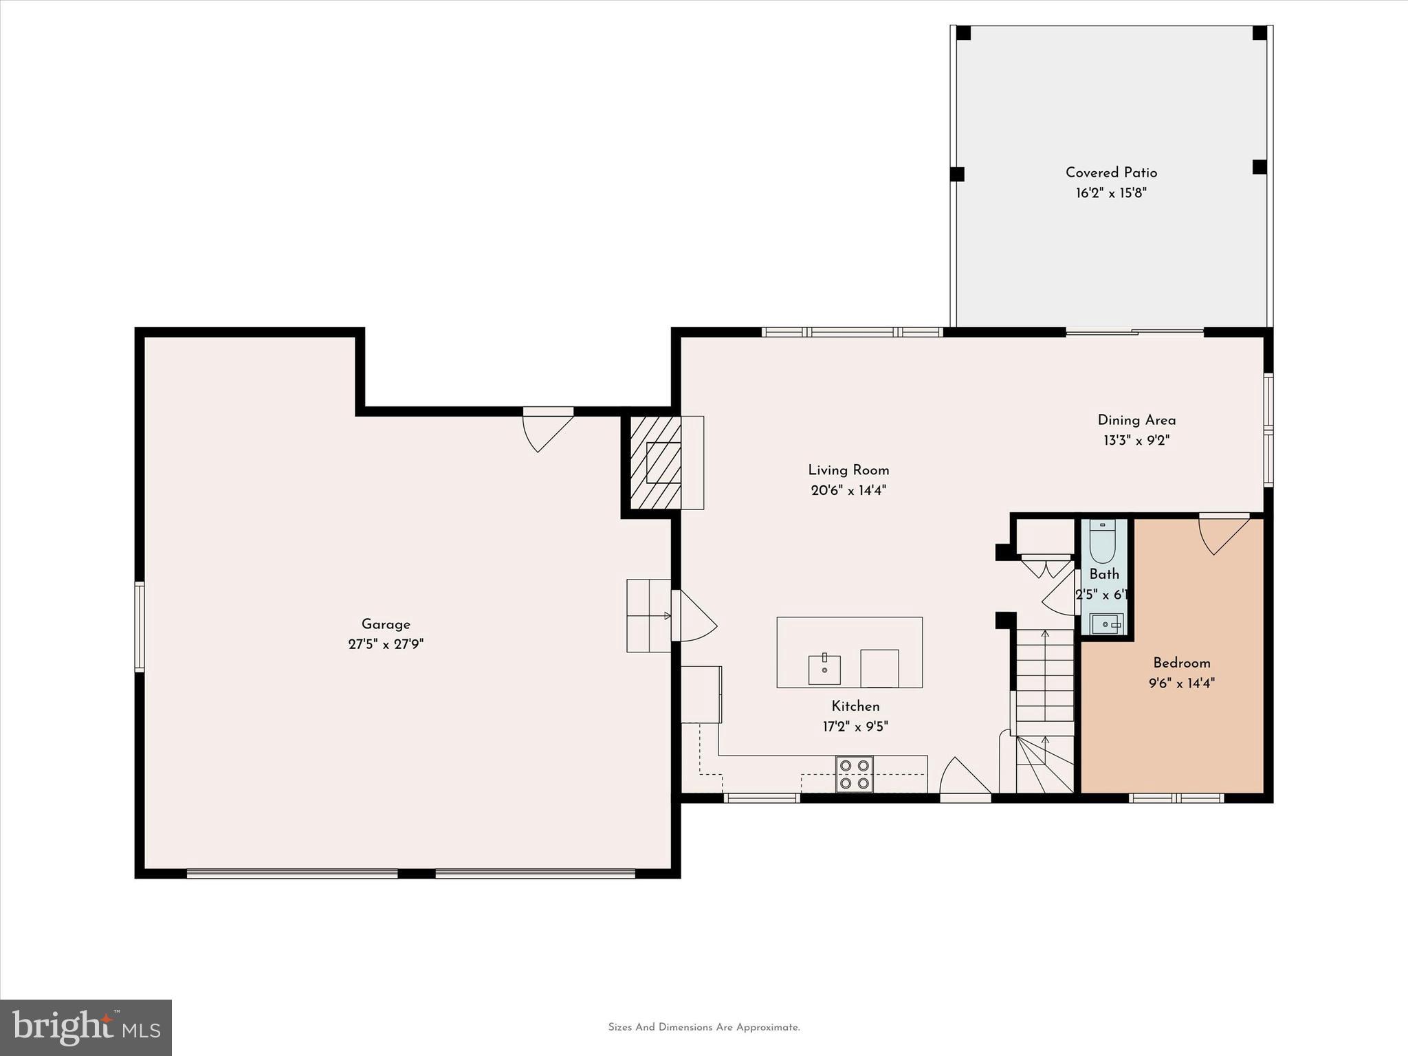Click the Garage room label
[386, 624]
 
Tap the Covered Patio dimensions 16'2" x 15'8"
[1111, 193]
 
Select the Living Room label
[848, 470]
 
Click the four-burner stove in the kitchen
[855, 774]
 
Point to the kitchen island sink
[824, 669]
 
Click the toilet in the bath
[1103, 542]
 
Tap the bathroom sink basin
[1106, 624]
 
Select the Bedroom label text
[1181, 663]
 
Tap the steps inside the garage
[648, 615]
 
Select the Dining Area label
[1136, 420]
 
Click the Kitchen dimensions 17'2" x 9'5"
[855, 727]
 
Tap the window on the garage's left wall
[140, 626]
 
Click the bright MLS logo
[86, 1028]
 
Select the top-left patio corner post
[964, 33]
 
